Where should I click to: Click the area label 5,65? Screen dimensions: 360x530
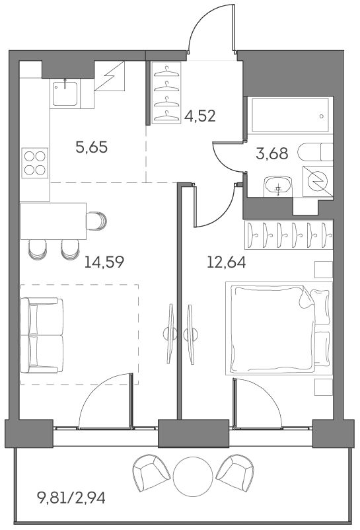click(x=92, y=148)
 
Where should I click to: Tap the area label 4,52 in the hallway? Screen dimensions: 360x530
click(x=200, y=116)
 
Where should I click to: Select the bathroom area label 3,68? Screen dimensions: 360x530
click(x=272, y=153)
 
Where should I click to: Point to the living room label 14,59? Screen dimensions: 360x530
click(x=104, y=262)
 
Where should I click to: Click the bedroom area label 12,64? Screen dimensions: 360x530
click(x=227, y=262)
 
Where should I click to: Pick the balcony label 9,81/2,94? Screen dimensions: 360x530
click(x=71, y=498)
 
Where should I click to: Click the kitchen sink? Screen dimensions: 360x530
click(x=65, y=93)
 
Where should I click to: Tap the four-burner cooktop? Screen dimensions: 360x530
click(x=35, y=163)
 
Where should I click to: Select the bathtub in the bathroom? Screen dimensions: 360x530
click(x=290, y=115)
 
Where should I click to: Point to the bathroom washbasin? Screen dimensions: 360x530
click(x=277, y=186)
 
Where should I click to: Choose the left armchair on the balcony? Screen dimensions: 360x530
click(x=151, y=472)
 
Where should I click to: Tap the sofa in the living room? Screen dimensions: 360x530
click(x=42, y=335)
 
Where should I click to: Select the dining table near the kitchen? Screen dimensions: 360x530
click(x=54, y=221)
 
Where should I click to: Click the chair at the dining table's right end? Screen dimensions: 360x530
click(x=96, y=221)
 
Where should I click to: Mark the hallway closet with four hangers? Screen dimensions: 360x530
click(x=166, y=93)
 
